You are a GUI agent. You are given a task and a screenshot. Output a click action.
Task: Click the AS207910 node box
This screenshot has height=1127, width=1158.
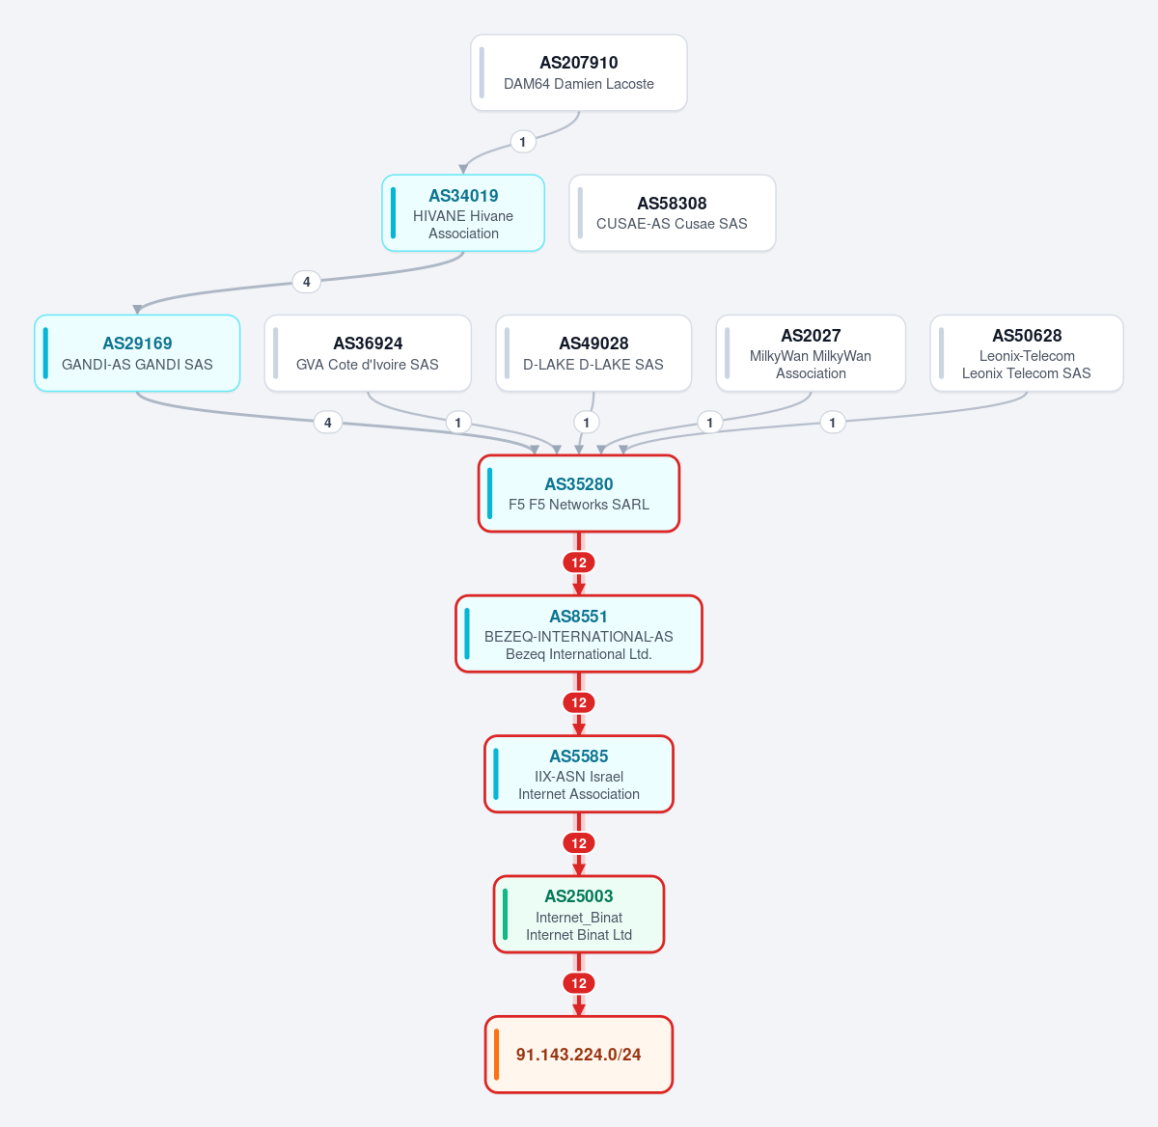578,72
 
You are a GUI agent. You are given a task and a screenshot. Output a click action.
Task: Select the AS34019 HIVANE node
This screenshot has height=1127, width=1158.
463,213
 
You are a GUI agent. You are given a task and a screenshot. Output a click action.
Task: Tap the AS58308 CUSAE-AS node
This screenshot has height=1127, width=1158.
672,213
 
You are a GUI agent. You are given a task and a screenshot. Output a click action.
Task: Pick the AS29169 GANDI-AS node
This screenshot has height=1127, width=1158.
137,353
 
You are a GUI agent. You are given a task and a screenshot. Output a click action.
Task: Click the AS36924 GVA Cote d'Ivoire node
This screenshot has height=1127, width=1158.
368,353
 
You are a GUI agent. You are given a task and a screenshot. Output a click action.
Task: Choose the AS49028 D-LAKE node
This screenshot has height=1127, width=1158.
593,353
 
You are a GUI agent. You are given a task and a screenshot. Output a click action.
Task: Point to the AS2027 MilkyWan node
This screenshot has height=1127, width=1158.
811,353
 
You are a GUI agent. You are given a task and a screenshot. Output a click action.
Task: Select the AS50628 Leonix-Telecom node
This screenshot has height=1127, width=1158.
1027,353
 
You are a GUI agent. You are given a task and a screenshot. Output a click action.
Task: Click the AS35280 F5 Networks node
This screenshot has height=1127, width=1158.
578,494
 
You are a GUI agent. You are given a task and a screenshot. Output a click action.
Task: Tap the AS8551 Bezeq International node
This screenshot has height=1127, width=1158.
578,634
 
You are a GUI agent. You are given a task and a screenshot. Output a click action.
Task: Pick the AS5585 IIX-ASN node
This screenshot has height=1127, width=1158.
578,774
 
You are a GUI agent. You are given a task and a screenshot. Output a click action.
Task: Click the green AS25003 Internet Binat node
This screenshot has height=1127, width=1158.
578,915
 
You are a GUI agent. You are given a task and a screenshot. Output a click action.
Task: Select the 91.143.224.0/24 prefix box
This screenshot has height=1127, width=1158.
578,1055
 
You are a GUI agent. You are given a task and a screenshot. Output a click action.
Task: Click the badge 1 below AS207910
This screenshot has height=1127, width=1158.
523,142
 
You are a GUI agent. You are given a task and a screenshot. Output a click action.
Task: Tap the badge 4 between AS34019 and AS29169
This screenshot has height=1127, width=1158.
307,282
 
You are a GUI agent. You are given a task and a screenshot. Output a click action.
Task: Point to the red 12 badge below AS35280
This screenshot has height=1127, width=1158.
578,563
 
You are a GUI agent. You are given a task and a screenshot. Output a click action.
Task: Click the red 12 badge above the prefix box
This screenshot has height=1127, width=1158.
578,983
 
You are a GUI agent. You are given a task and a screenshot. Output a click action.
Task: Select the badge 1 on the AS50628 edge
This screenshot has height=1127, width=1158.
833,423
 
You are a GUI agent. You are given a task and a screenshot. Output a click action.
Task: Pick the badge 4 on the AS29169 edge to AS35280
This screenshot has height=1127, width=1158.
328,423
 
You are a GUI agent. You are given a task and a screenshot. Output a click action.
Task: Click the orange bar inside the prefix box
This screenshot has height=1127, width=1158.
496,1055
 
